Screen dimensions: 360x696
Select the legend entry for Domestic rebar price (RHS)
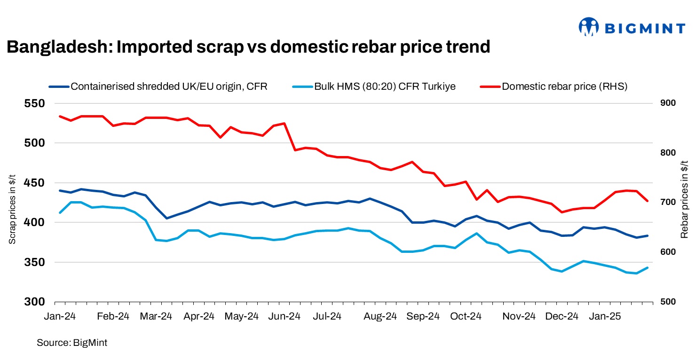[564, 86]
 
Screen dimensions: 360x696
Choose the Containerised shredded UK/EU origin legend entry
[169, 86]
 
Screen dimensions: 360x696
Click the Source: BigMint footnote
[72, 343]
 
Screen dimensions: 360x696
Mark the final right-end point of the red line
[648, 201]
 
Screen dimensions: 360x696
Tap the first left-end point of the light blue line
[60, 213]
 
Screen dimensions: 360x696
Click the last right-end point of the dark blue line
[648, 235]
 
